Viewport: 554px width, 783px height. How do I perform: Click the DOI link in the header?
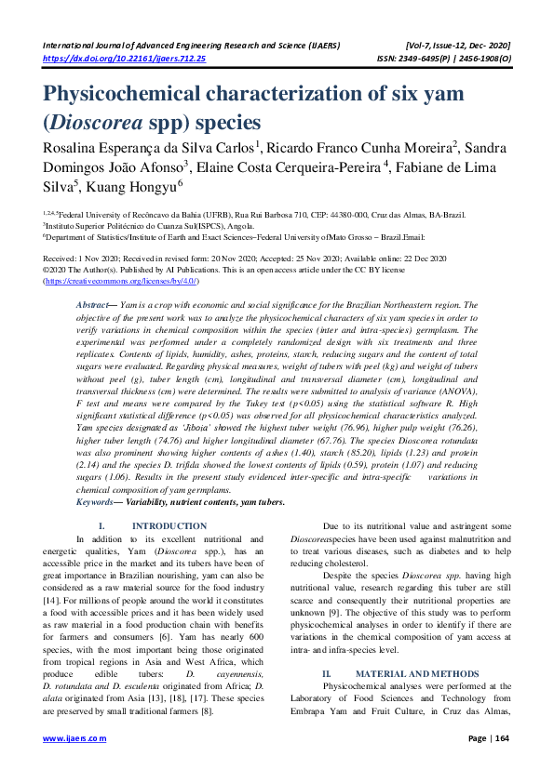126,58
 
